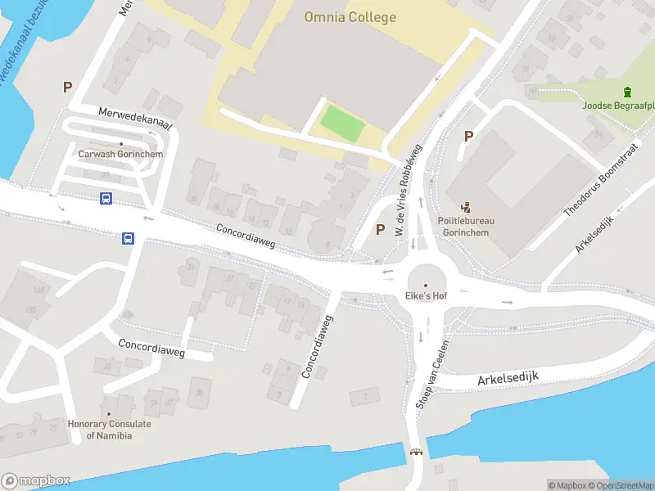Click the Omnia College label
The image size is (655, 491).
coord(350,17)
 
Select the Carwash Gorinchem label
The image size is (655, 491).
coord(120,154)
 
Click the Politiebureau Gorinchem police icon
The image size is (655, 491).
coord(467,208)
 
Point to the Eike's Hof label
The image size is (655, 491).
coord(425,295)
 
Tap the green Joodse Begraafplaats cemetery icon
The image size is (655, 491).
coord(627,92)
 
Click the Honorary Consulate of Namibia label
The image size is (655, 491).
coord(109,430)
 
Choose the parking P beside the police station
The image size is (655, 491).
coord(468,136)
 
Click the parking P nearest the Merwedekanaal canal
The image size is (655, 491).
coord(67,87)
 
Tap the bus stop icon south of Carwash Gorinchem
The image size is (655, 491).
coord(106,198)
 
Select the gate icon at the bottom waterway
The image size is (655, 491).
coord(416,453)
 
